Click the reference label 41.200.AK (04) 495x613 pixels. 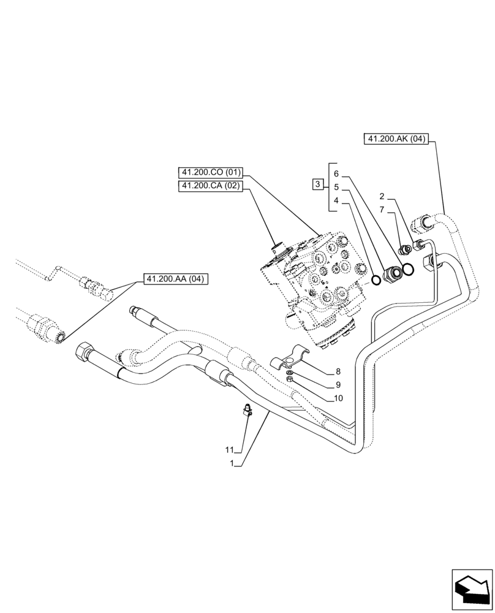(396, 139)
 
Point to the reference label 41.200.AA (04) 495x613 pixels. (176, 280)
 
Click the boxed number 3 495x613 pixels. (317, 184)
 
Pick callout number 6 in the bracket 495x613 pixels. (336, 173)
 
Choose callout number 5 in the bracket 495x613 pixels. (336, 187)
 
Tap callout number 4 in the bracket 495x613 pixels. (336, 200)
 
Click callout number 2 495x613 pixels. (382, 197)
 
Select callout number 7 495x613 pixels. (382, 210)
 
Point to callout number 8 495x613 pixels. (338, 371)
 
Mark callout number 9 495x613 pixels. (338, 385)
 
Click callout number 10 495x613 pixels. (339, 398)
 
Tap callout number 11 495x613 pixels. (229, 451)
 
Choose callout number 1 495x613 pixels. (232, 464)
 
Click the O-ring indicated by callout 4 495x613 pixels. (375, 280)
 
